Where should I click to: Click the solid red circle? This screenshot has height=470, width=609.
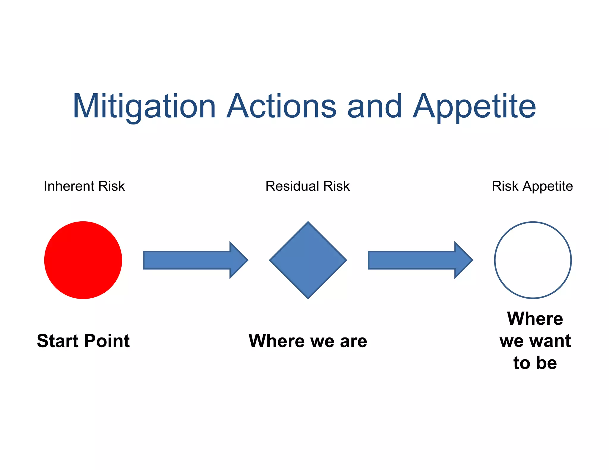pos(83,260)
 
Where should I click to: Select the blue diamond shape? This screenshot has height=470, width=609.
pos(308,260)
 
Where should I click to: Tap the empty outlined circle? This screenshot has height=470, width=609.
pos(533,260)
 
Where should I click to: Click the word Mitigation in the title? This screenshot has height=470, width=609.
pos(144,106)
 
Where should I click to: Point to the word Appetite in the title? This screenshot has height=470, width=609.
pos(474,106)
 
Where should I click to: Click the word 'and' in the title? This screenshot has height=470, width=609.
pos(374,106)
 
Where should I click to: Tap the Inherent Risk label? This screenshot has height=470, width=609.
pos(84,186)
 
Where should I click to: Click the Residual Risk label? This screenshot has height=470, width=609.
pos(307,186)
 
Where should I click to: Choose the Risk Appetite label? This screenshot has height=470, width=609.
pos(532,186)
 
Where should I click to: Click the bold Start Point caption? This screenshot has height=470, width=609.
pos(83,341)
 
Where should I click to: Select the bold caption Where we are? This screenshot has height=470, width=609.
pos(308,341)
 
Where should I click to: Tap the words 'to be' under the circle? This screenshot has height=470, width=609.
pos(535,363)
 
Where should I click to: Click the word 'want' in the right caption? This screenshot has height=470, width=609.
pos(552,341)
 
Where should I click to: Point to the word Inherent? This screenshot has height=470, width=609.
pos(69,186)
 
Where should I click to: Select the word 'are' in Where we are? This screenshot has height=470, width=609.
pos(354,341)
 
